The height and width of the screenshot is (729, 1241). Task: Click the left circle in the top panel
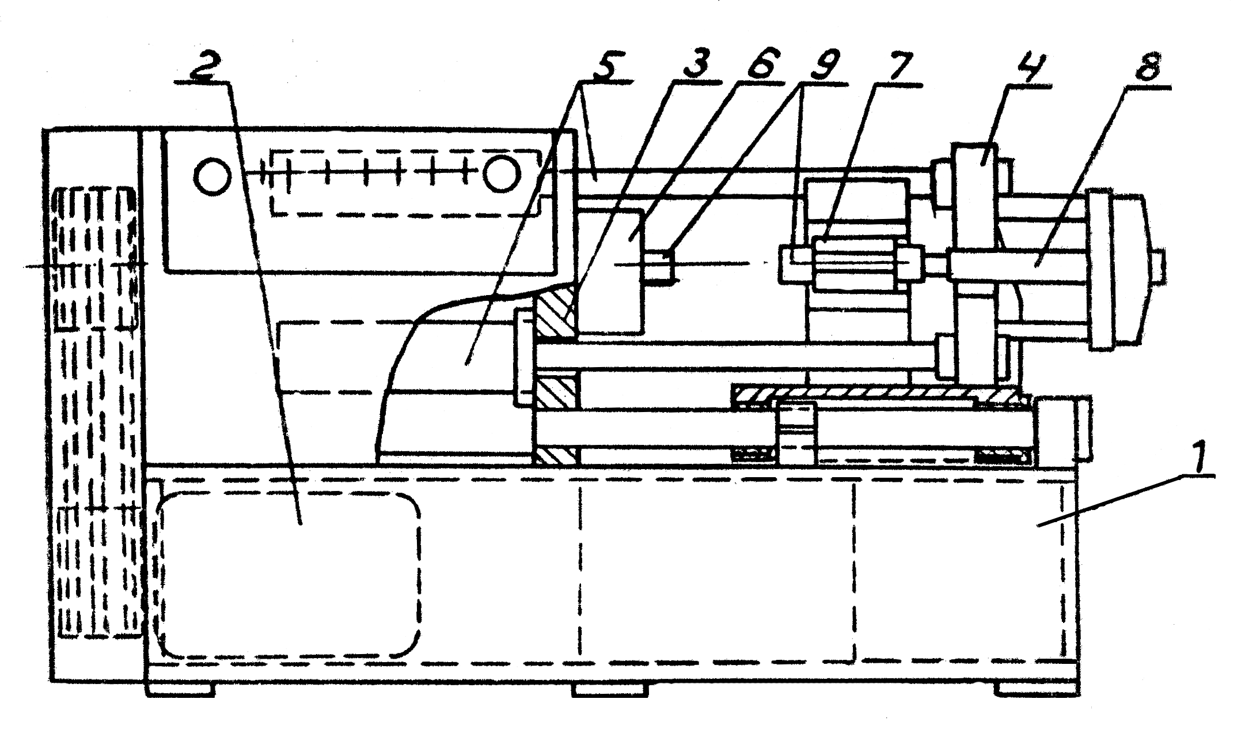(x=213, y=176)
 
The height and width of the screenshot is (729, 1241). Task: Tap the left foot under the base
(x=181, y=688)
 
